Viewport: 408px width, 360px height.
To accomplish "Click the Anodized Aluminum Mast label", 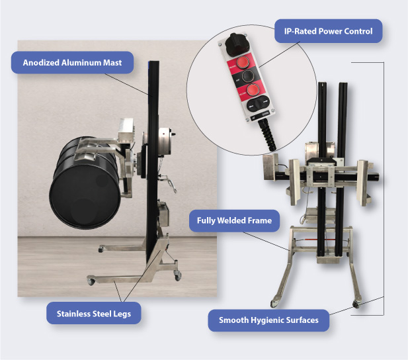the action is (72, 62).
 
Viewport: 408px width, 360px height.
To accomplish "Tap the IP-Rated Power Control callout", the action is (329, 31).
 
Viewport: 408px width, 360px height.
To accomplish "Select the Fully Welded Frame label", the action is (235, 220).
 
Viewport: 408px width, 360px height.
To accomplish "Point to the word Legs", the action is (122, 314).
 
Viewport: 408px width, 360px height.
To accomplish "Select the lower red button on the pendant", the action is (253, 90).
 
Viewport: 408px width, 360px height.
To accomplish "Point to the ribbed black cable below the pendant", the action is (268, 135).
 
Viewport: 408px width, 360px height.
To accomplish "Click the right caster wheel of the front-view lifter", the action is (356, 304).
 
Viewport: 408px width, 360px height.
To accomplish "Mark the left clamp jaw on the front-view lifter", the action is (295, 182).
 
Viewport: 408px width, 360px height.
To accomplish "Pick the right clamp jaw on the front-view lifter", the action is (363, 183).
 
